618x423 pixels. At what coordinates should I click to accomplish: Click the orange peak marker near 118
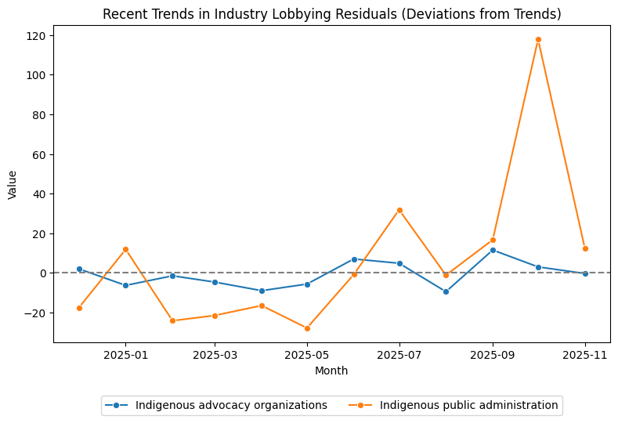538,39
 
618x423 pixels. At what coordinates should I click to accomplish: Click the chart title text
331,14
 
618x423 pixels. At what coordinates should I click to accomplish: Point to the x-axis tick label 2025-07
399,355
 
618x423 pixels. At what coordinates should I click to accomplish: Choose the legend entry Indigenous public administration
468,405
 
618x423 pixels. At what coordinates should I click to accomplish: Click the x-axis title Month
331,371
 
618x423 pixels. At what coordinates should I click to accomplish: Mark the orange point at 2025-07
399,210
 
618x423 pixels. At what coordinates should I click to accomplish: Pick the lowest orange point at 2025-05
307,328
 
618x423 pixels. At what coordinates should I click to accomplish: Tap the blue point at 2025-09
493,250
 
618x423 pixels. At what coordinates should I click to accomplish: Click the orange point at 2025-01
125,249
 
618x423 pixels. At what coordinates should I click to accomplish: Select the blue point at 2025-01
125,285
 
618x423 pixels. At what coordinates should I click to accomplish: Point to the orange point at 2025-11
585,248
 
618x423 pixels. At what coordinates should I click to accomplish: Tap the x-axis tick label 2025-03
215,355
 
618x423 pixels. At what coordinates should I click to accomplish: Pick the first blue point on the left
79,269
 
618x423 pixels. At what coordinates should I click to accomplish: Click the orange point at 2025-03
215,316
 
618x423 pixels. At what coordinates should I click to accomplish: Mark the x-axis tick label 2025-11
585,355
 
